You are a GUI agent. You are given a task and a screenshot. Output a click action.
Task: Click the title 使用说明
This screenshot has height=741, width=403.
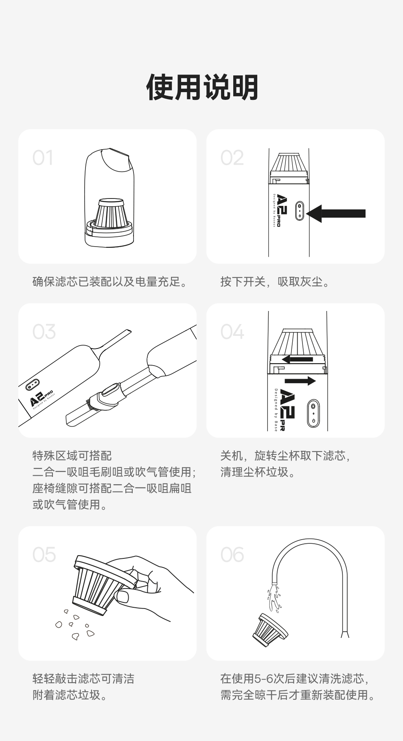point(202,87)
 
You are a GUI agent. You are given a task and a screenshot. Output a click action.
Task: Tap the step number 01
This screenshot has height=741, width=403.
point(43,158)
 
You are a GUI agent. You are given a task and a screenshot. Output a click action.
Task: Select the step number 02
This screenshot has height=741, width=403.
point(232,158)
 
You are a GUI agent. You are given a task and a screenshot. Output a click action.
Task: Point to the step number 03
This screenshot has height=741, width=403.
point(44,332)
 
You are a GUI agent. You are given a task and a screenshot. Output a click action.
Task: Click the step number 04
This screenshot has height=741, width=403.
point(232,332)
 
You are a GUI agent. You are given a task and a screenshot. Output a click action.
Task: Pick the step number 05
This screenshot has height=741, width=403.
point(44,555)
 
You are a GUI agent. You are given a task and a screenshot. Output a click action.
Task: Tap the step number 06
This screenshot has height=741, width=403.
point(232,555)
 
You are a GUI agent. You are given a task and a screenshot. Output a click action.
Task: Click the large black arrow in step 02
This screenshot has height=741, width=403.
point(336,213)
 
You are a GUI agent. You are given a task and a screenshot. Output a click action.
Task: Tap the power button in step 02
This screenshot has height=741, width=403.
point(300,210)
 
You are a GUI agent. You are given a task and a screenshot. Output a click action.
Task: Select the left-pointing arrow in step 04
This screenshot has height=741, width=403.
point(297,359)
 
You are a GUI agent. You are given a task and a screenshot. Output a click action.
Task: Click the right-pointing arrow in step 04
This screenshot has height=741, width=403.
point(300,381)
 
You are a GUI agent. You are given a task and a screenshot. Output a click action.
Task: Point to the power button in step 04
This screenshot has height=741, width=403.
point(313,413)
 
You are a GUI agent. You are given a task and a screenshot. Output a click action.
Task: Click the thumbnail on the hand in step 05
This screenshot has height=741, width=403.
point(123,597)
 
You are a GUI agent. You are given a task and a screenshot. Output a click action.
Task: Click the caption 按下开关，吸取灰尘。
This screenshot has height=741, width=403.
point(275,282)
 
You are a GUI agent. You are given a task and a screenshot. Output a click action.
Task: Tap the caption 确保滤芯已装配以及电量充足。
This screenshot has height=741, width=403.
point(110,282)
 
